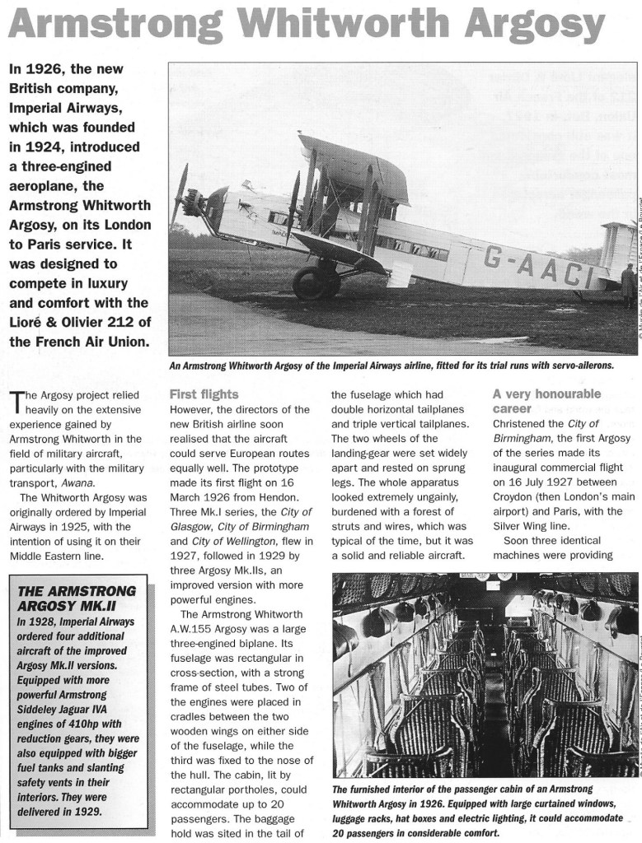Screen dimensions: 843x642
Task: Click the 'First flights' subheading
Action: (204, 394)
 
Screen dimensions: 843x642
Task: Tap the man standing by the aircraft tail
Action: (628, 284)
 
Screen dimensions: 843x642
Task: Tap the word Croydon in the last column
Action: (516, 496)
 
